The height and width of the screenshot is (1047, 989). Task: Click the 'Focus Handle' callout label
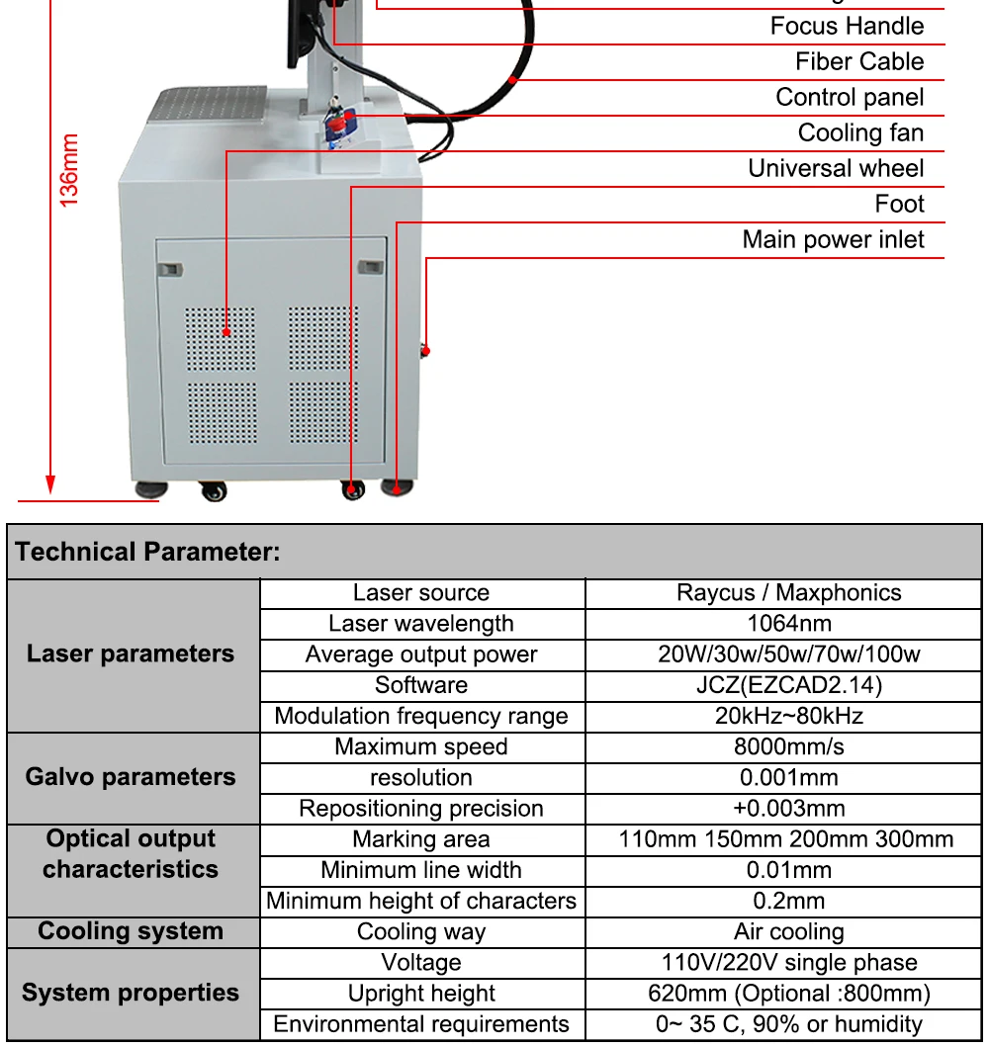[x=847, y=26]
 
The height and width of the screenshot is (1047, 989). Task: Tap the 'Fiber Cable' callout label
[x=858, y=61]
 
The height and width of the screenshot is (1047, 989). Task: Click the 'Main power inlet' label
[x=833, y=239]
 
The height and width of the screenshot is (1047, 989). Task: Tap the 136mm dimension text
[x=69, y=170]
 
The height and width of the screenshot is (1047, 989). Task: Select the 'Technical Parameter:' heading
[x=148, y=552]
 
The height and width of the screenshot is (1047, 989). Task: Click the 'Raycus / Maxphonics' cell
[x=788, y=592]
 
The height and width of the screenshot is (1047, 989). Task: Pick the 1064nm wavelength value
[x=788, y=623]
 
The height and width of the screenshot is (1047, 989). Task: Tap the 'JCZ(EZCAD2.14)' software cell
[x=788, y=685]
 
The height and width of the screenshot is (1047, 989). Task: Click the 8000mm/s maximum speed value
[x=788, y=746]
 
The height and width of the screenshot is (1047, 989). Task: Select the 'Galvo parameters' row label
[x=131, y=777]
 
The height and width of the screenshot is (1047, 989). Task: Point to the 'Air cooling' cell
[x=788, y=931]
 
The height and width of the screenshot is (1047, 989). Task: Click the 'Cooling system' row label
[x=131, y=931]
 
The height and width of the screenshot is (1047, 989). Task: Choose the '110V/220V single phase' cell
[x=788, y=962]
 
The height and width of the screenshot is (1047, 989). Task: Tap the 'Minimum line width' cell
[x=421, y=870]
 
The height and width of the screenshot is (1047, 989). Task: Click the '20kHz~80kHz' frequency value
[x=788, y=716]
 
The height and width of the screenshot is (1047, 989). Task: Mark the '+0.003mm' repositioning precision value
[x=788, y=809]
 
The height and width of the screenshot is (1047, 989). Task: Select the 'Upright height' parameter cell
[x=421, y=993]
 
